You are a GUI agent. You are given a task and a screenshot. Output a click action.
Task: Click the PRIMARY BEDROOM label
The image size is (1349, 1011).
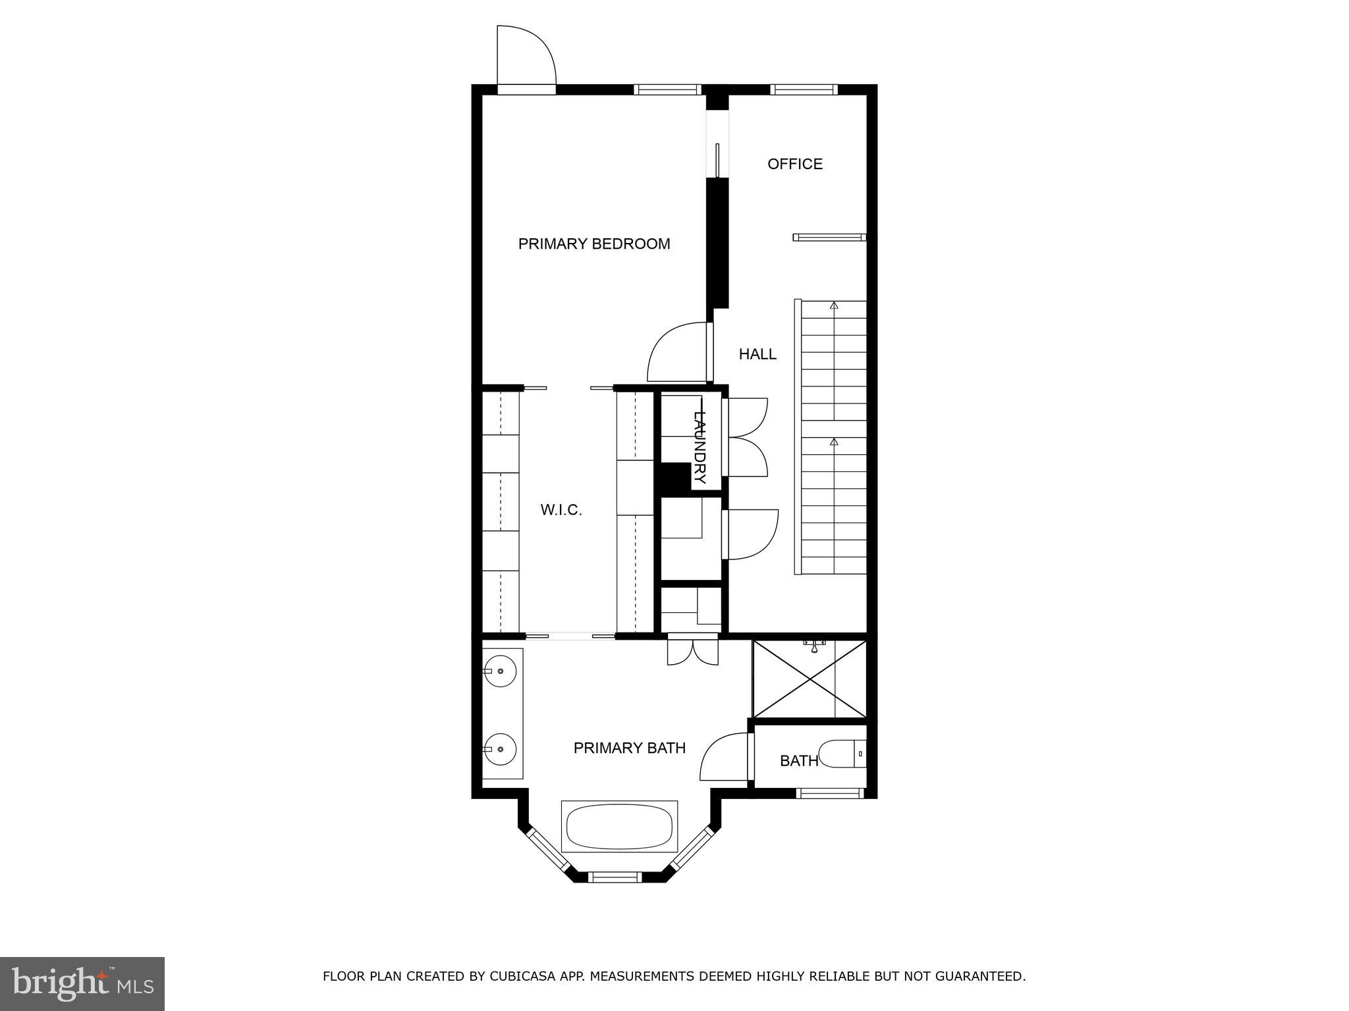tap(593, 244)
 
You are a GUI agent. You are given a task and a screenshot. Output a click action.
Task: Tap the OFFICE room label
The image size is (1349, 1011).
tap(794, 164)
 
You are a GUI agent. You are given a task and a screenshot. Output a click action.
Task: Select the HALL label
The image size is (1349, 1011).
tap(757, 354)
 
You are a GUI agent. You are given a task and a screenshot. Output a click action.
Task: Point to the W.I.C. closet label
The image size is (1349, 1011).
tap(561, 510)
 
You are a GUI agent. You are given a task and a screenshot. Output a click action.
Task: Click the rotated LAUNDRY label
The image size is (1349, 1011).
tap(700, 446)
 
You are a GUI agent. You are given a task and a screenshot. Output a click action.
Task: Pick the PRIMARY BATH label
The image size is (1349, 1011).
tap(629, 748)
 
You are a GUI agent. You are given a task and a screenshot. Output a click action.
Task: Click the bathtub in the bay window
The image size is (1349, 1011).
tap(619, 827)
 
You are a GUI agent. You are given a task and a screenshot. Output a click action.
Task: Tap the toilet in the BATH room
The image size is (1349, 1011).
tap(840, 754)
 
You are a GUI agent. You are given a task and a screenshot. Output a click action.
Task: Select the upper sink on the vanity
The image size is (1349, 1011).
tap(500, 671)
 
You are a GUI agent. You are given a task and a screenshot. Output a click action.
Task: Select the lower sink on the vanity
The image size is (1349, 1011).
tap(500, 749)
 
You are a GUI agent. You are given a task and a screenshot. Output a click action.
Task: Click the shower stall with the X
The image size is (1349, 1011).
tap(810, 679)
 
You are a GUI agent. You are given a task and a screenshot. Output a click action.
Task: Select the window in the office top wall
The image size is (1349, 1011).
tap(804, 90)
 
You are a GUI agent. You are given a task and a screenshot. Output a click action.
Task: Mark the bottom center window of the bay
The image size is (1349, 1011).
tap(614, 877)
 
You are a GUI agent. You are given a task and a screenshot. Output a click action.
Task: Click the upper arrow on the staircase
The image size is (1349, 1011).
tap(834, 305)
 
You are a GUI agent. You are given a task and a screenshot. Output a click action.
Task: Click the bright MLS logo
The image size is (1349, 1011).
tap(82, 983)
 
